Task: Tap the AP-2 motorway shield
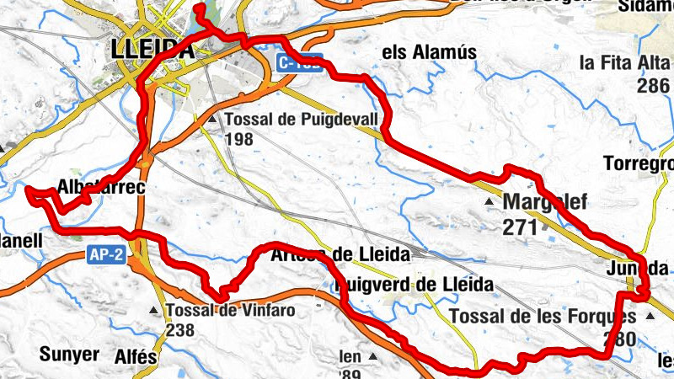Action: point(107,256)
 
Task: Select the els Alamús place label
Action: point(430,52)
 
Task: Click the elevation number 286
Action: point(654,85)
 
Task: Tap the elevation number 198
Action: point(240,139)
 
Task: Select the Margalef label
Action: point(543,203)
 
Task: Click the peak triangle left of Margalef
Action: point(490,203)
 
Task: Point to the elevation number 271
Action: point(518,227)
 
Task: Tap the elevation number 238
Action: point(182,330)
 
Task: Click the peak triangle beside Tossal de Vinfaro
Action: point(153,311)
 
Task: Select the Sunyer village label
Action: point(68,353)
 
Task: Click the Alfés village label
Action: point(135,356)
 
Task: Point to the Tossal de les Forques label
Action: point(543,317)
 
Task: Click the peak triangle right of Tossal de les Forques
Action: point(649,317)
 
